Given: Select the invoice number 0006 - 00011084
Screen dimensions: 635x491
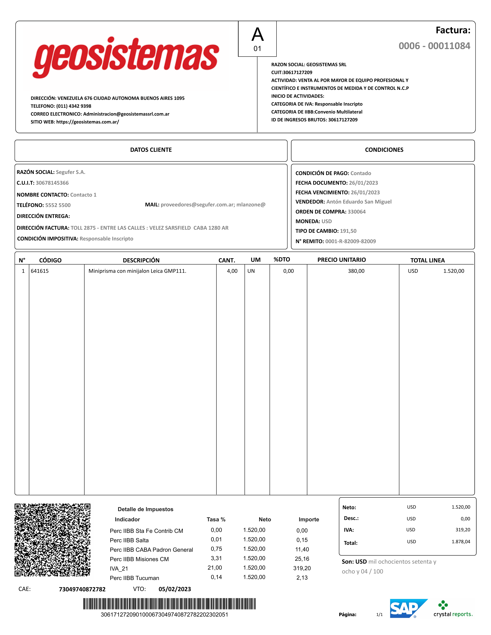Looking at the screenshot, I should click(434, 46).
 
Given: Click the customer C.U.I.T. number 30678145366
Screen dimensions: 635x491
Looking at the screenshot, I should click(52, 183).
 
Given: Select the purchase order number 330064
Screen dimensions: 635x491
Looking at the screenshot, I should click(357, 212).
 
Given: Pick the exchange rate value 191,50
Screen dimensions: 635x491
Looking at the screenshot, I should click(348, 231).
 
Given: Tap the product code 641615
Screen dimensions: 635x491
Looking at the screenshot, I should click(40, 271).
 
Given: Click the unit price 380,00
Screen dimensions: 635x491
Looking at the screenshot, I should click(356, 271).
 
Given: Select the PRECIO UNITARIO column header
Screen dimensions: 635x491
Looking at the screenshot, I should click(341, 260).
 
